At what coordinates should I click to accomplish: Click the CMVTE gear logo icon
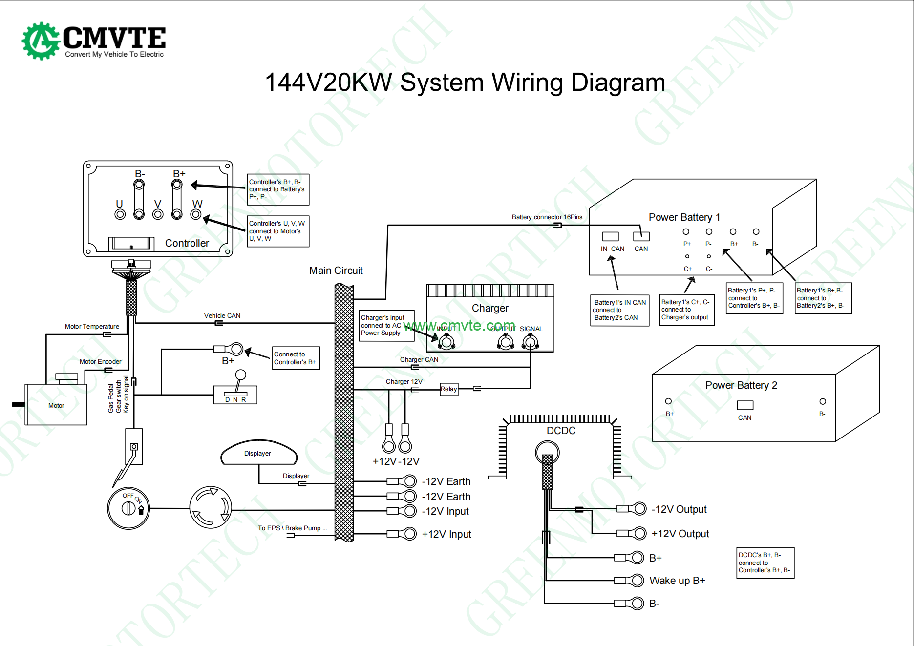(x=41, y=41)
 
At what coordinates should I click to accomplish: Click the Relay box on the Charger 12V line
(x=448, y=389)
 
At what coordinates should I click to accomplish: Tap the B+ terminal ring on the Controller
(x=177, y=185)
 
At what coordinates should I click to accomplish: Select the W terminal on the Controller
(x=196, y=214)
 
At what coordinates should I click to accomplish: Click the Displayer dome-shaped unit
(x=258, y=453)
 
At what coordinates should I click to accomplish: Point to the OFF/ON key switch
(x=128, y=508)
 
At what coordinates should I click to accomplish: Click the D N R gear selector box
(x=235, y=395)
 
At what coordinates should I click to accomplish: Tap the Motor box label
(x=56, y=405)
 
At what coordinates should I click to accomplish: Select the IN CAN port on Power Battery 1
(x=610, y=237)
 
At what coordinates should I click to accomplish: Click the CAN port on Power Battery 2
(x=745, y=405)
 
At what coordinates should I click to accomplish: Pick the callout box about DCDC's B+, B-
(x=765, y=563)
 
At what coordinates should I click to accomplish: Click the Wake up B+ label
(x=677, y=581)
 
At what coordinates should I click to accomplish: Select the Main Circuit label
(x=336, y=271)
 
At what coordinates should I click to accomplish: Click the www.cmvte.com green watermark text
(x=459, y=325)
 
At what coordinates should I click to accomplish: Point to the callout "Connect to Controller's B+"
(x=296, y=358)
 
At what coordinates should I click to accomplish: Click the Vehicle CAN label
(x=222, y=316)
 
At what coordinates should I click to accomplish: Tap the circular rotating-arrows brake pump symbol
(x=211, y=507)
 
